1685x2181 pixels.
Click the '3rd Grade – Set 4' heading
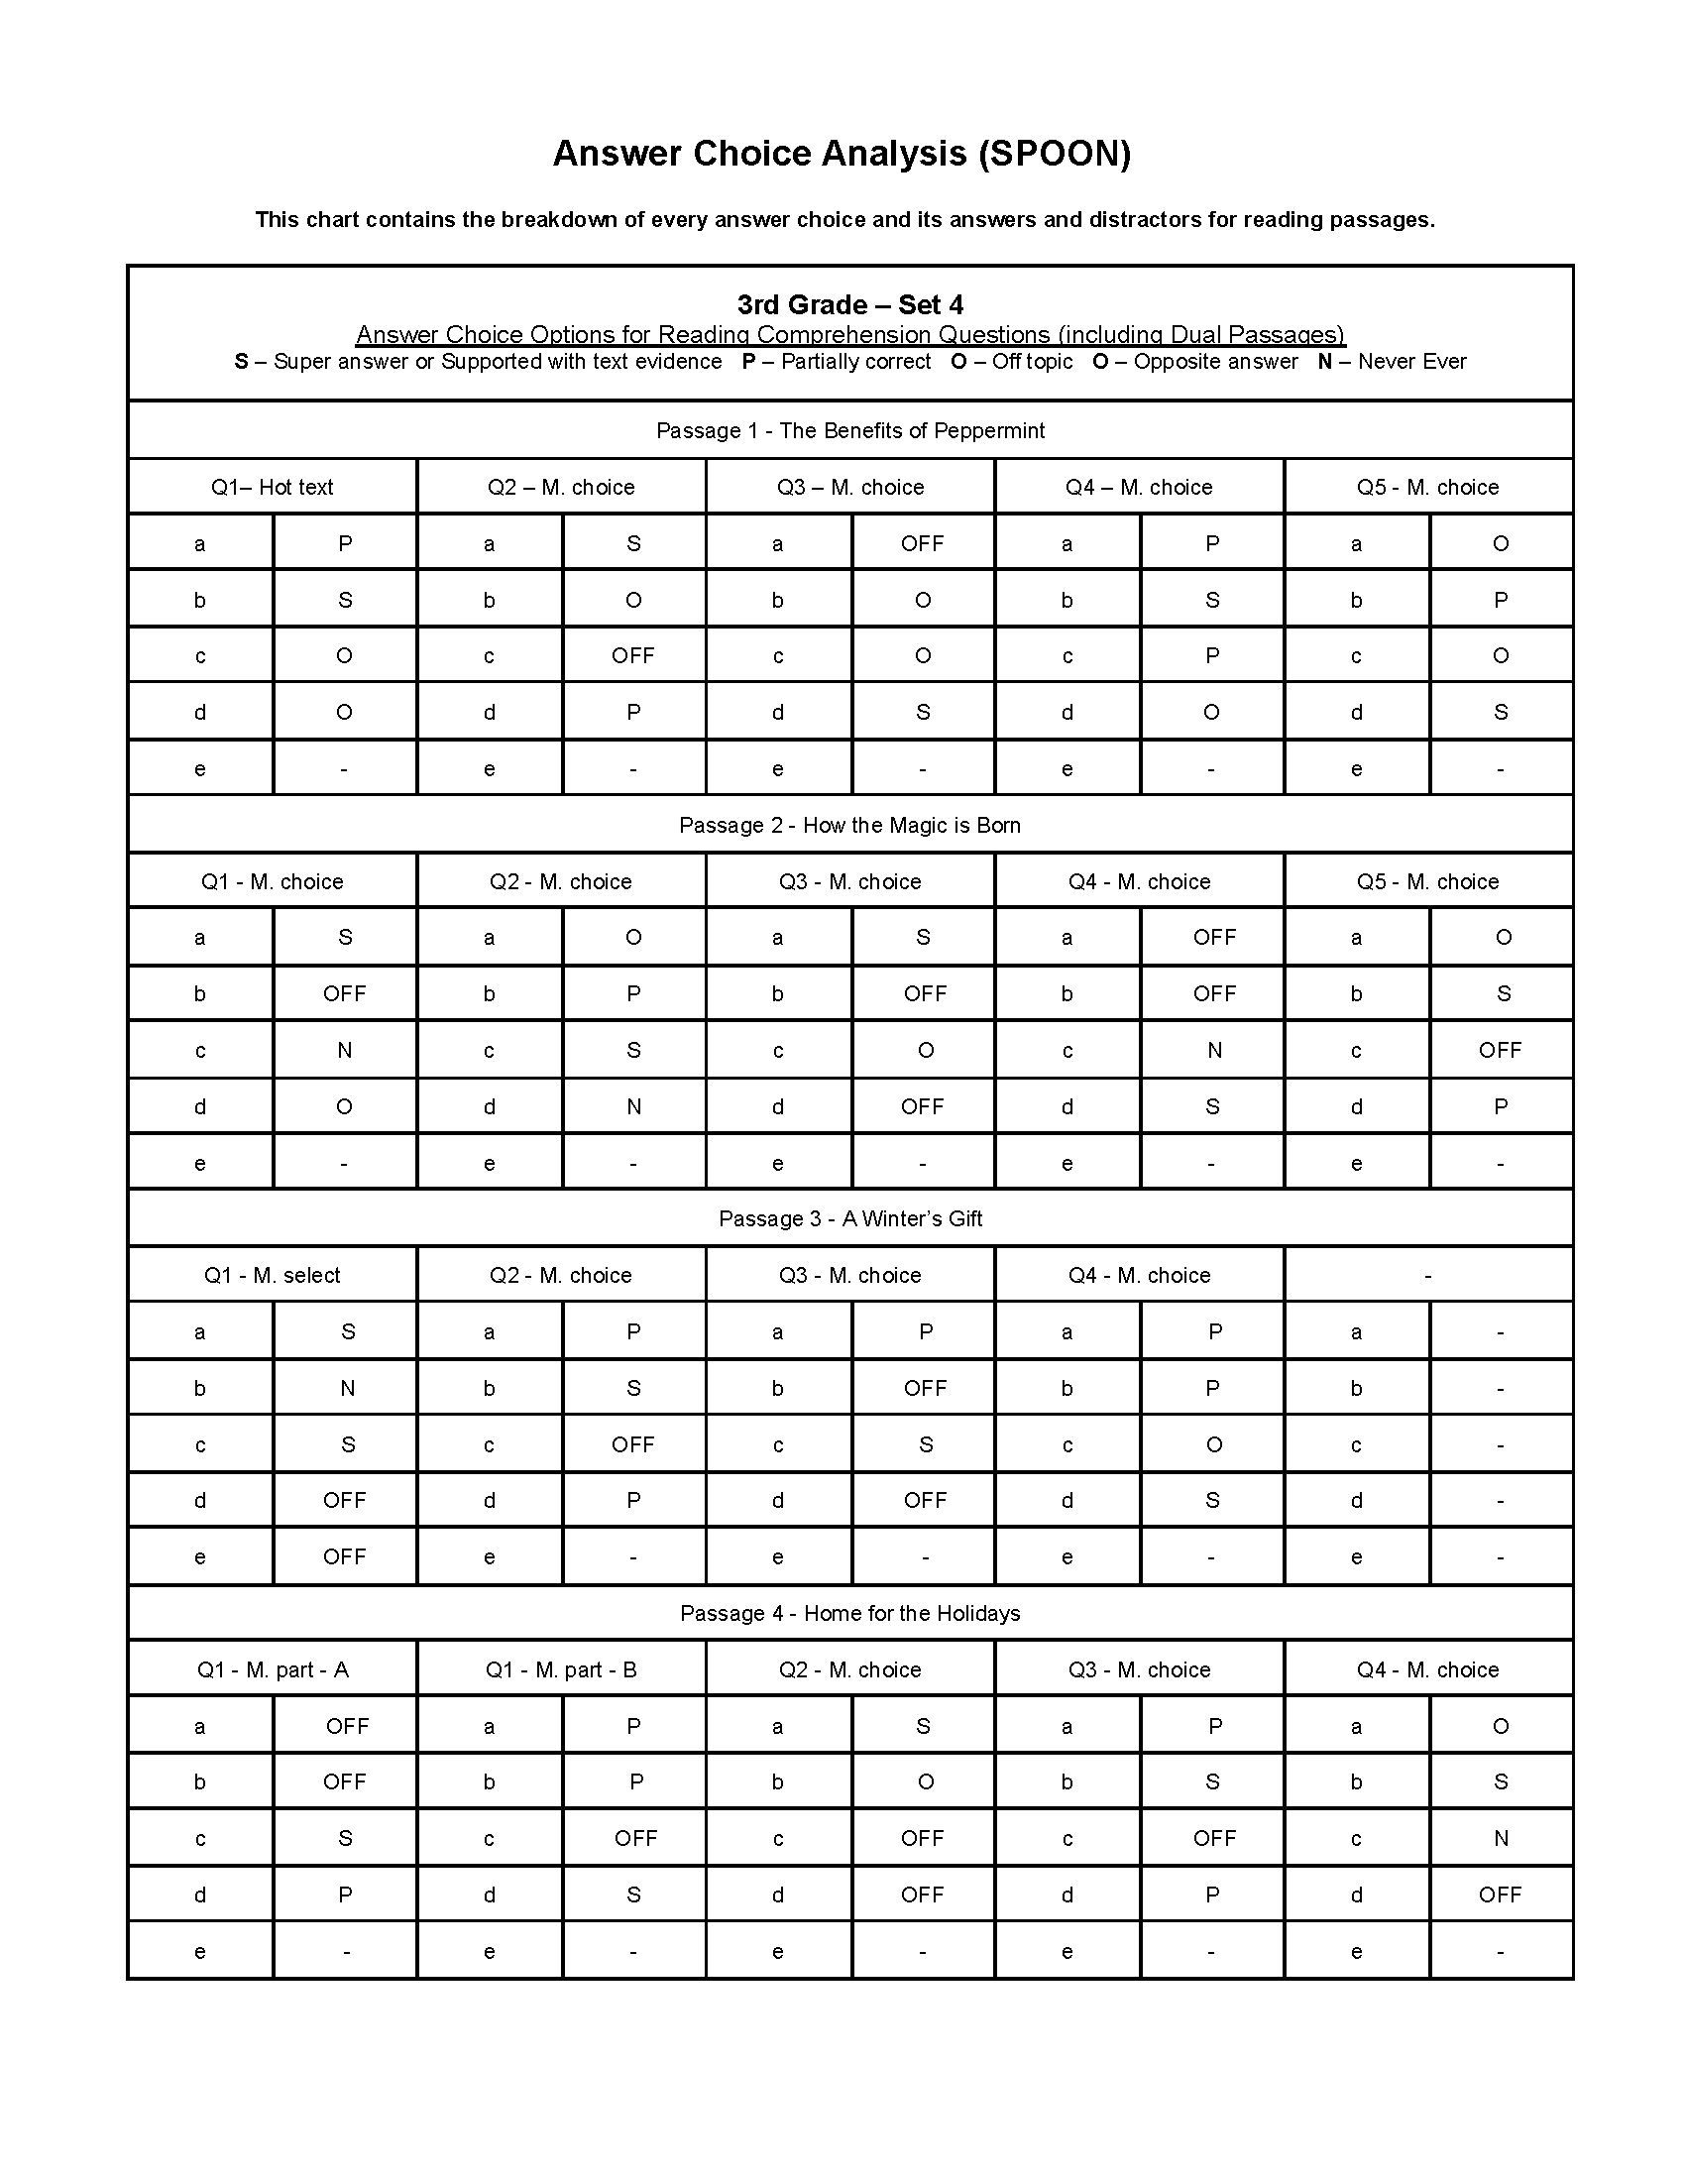click(849, 304)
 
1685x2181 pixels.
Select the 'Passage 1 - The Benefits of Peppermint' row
click(849, 430)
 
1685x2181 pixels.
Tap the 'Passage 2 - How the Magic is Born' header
click(849, 825)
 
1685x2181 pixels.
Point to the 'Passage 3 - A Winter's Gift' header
click(849, 1218)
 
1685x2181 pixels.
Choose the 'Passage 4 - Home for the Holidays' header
click(849, 1613)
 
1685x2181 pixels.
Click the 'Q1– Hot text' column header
click(272, 488)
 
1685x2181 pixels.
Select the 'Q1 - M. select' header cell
click(272, 1275)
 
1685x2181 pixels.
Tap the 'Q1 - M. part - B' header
click(561, 1669)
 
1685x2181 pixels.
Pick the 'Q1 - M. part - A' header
click(272, 1669)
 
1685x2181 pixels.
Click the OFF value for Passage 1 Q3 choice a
click(923, 543)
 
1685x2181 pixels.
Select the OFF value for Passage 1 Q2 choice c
click(633, 656)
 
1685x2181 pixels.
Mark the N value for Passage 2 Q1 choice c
click(344, 1050)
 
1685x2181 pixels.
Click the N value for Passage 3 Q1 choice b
click(347, 1388)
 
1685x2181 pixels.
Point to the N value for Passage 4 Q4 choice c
click(1501, 1838)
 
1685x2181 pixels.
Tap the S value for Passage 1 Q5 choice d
click(1501, 712)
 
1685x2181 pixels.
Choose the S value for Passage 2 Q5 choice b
click(1504, 993)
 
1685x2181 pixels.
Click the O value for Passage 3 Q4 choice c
click(1214, 1444)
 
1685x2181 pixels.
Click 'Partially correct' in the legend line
click(855, 362)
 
